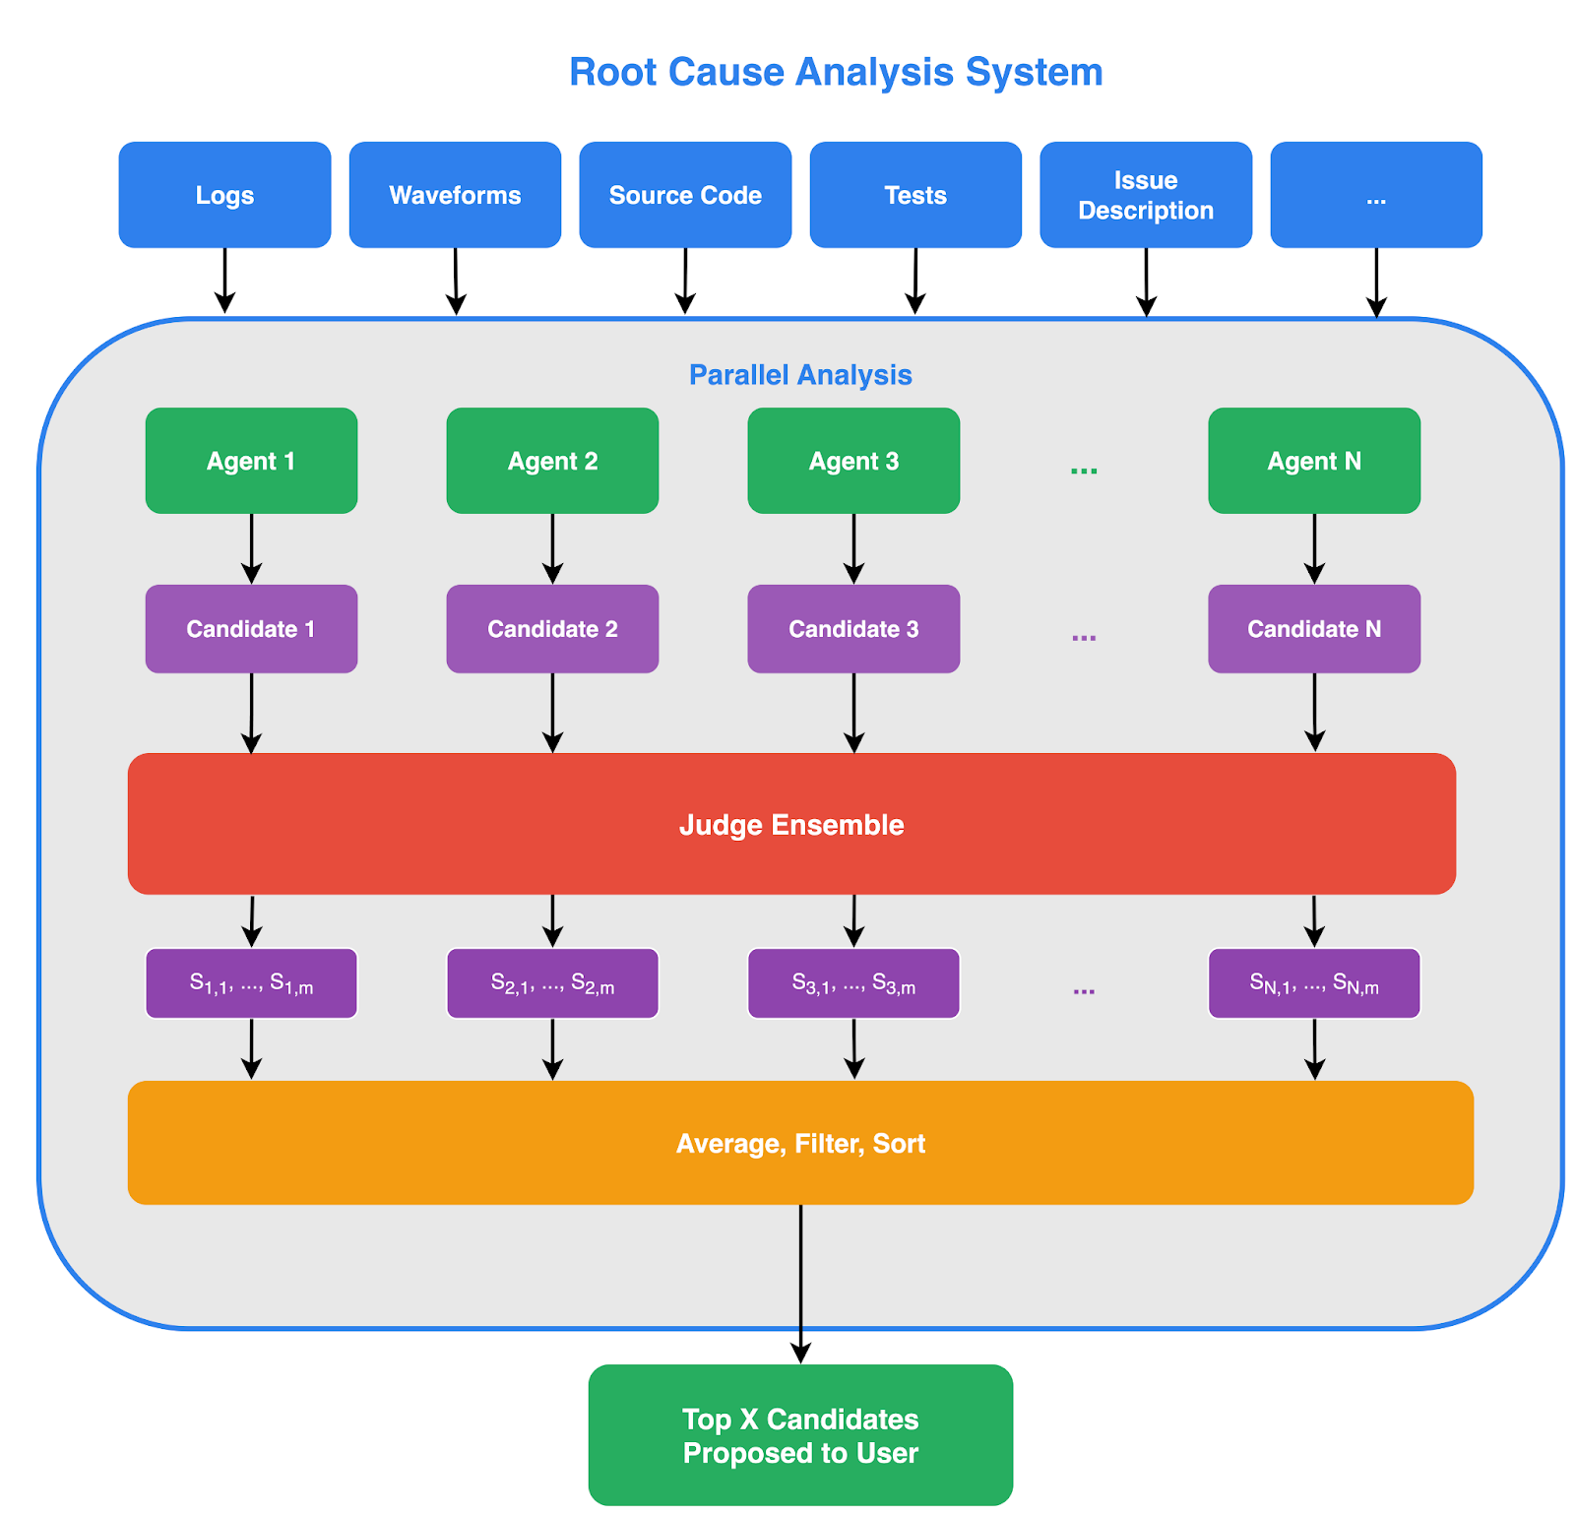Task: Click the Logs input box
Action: [x=224, y=195]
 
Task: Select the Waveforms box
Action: [x=455, y=195]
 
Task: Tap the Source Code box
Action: [x=685, y=195]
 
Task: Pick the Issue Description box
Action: [x=1146, y=195]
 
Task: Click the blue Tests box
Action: [x=915, y=195]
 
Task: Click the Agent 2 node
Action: [x=552, y=461]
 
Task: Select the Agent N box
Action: [x=1314, y=461]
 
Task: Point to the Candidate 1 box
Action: [x=251, y=629]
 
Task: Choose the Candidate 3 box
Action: [x=853, y=629]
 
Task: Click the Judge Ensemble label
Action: [x=791, y=825]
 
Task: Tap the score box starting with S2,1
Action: [x=552, y=983]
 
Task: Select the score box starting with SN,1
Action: [x=1314, y=983]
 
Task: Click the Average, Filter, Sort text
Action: [x=800, y=1144]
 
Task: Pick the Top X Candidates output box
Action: [x=800, y=1435]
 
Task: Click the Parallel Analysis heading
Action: [x=800, y=375]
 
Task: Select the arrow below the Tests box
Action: [x=915, y=282]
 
